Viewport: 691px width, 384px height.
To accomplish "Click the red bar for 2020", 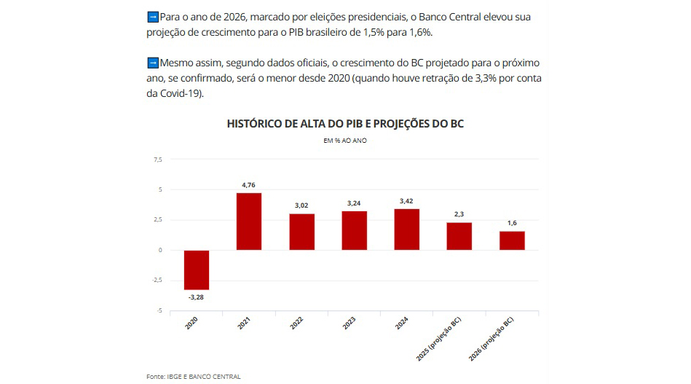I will click(x=197, y=270).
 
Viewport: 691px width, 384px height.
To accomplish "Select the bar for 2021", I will click(x=249, y=222).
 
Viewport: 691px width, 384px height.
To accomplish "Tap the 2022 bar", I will click(x=301, y=232).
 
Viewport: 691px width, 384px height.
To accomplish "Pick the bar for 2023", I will click(x=354, y=230).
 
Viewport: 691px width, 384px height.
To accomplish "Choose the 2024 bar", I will click(x=406, y=230).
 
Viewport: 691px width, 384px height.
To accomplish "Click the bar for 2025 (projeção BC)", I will click(x=459, y=236).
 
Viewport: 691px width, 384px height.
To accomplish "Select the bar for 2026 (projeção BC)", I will click(x=512, y=240).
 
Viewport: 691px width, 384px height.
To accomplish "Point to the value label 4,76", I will click(x=249, y=186).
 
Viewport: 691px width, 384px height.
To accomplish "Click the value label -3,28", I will click(x=197, y=297).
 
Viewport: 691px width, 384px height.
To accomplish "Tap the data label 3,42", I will click(x=406, y=201).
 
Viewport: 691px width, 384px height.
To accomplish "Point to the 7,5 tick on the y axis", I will click(x=157, y=159).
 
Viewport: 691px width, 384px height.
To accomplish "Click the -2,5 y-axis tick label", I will click(x=157, y=281).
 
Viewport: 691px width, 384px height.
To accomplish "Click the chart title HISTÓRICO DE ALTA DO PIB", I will click(x=345, y=124).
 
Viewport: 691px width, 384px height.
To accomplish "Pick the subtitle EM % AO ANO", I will click(x=345, y=140).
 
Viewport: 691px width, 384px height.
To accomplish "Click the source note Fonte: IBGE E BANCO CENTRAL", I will click(x=193, y=376).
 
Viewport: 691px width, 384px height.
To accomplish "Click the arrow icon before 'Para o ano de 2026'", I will click(x=152, y=16).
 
